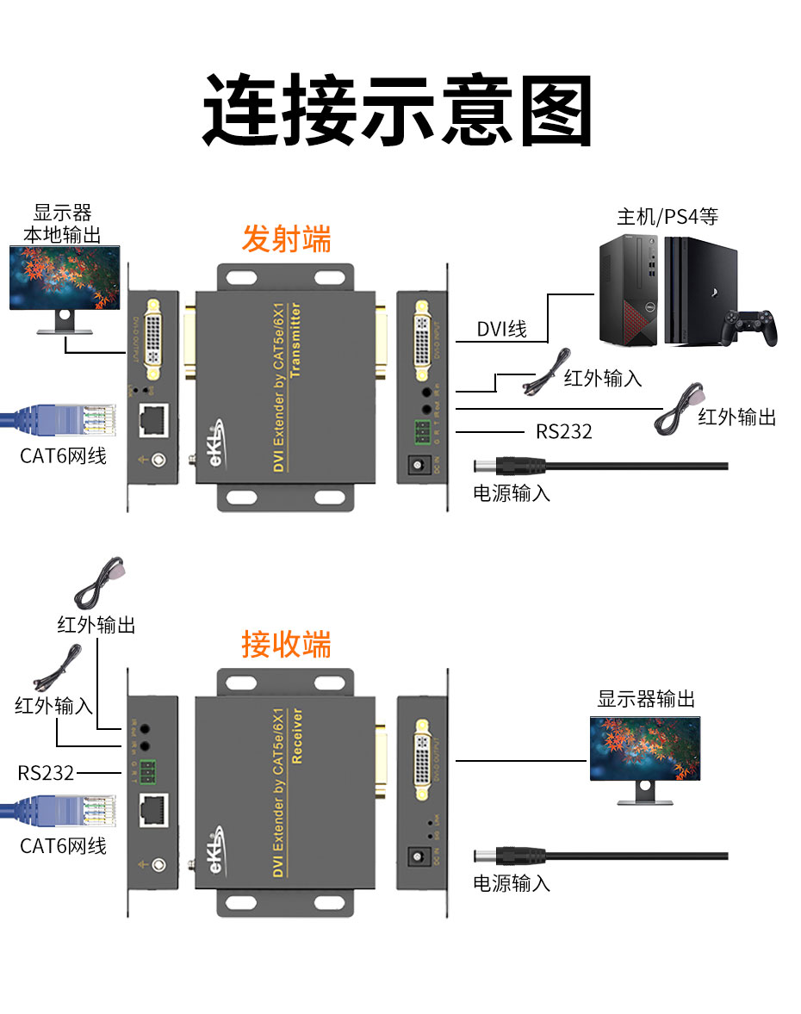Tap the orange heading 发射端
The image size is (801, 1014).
286,238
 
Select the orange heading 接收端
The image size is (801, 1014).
286,643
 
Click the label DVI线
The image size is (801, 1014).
501,329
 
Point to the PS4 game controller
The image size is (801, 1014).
749,328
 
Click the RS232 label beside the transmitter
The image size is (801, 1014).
564,431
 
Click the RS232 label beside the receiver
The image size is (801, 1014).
46,773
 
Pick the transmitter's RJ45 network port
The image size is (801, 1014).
152,419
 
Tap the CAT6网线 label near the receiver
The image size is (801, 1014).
63,845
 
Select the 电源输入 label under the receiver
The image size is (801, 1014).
512,883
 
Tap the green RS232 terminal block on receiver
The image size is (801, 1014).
146,772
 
